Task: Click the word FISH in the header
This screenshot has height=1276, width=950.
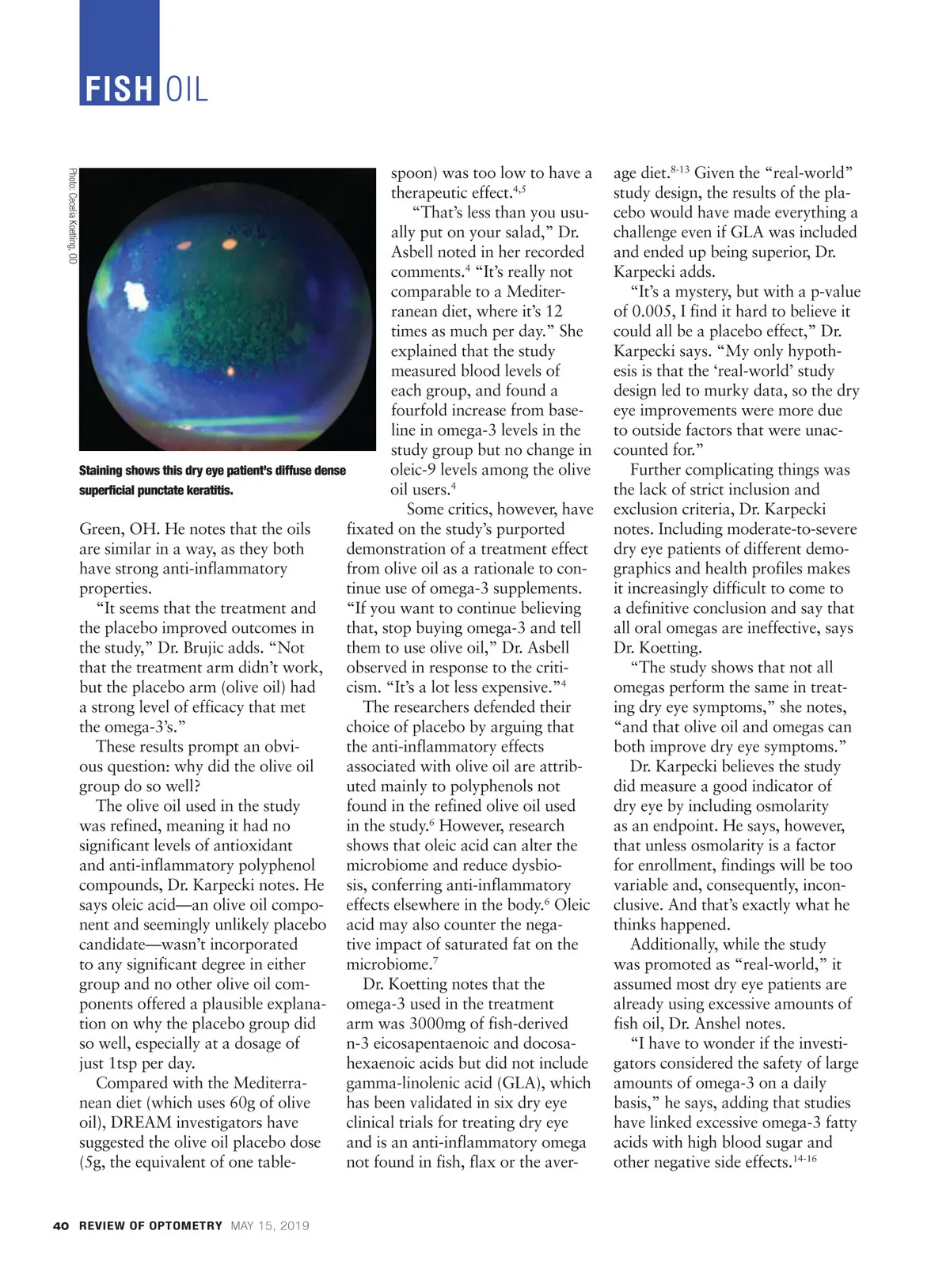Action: pos(118,89)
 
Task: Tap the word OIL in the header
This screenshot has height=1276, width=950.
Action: pos(188,89)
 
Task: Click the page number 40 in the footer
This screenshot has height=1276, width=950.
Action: pos(60,1225)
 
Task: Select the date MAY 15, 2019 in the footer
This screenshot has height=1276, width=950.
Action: pos(270,1225)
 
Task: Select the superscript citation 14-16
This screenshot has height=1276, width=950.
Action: pos(804,1158)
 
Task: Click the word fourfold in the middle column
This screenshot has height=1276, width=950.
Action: pos(421,411)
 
